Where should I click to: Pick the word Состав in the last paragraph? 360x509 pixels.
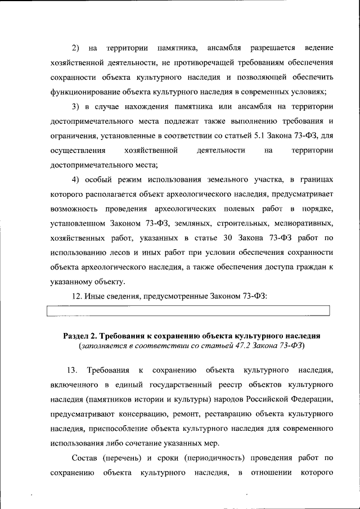tap(84, 459)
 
